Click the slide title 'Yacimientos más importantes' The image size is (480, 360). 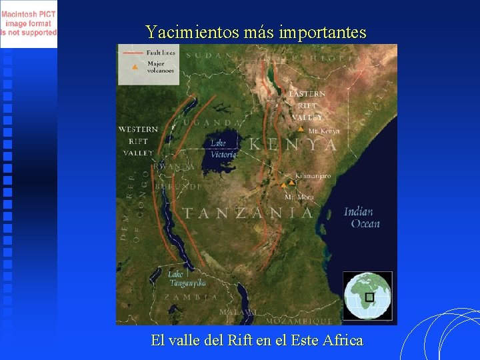click(256, 31)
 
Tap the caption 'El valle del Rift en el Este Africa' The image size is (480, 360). click(257, 340)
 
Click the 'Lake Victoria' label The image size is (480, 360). click(223, 149)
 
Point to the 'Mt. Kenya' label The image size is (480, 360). click(324, 131)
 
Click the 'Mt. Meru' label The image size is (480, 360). click(299, 197)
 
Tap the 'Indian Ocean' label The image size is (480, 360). click(361, 218)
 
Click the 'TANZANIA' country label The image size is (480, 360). click(248, 213)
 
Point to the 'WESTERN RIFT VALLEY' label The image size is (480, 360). click(138, 141)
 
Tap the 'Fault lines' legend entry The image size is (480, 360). click(161, 52)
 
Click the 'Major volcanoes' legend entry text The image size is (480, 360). click(160, 67)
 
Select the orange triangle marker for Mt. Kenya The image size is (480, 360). click(301, 129)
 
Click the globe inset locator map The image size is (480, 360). click(367, 295)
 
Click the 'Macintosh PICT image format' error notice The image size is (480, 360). click(29, 23)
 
